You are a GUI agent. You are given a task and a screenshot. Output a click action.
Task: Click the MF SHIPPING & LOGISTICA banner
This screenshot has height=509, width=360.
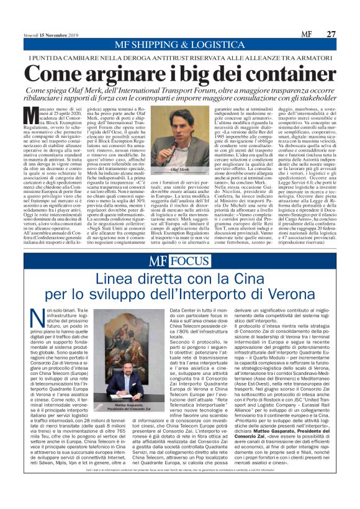180,45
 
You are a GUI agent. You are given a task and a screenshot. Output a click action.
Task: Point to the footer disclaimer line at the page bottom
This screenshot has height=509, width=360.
180,492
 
